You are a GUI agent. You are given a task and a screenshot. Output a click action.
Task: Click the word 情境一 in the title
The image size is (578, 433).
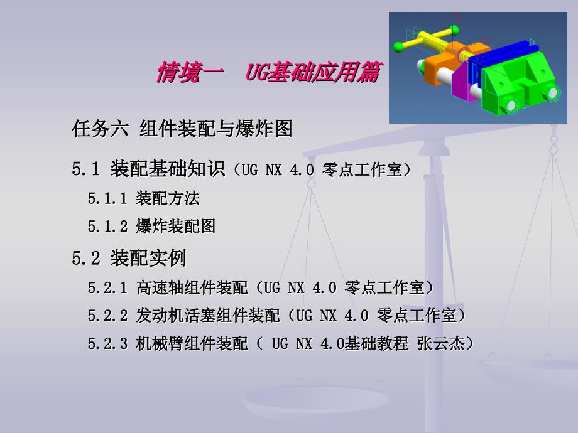pos(190,72)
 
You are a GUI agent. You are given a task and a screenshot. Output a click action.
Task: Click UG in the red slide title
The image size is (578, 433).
pos(256,72)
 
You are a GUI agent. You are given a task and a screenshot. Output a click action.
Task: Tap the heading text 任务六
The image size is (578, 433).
pos(101,129)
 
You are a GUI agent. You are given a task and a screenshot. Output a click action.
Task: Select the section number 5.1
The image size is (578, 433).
pos(86,169)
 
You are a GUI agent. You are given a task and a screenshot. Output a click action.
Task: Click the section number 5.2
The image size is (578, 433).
pos(86,258)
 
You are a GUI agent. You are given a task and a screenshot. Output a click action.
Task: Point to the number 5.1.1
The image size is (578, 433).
pos(107,198)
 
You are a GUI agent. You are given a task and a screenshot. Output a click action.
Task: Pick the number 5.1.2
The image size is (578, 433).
pos(107,226)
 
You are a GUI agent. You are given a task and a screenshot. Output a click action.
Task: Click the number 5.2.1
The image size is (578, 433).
pos(107,287)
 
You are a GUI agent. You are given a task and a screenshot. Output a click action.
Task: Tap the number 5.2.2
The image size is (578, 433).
pos(107,316)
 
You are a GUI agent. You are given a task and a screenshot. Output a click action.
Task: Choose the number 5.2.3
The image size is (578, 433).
pos(107,343)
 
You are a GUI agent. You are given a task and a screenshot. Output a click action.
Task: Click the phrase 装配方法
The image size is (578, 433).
pos(168,198)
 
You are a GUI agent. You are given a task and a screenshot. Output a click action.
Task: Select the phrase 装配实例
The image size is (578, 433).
pos(148,258)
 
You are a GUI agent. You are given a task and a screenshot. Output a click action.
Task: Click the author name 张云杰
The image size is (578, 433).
pos(440,343)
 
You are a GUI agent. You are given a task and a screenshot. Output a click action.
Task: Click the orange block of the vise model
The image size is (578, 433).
pos(442,63)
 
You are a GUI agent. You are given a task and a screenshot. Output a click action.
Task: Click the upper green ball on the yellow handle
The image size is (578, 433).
pos(455,29)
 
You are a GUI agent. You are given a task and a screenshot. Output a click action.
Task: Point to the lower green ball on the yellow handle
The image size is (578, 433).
pos(398,47)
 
